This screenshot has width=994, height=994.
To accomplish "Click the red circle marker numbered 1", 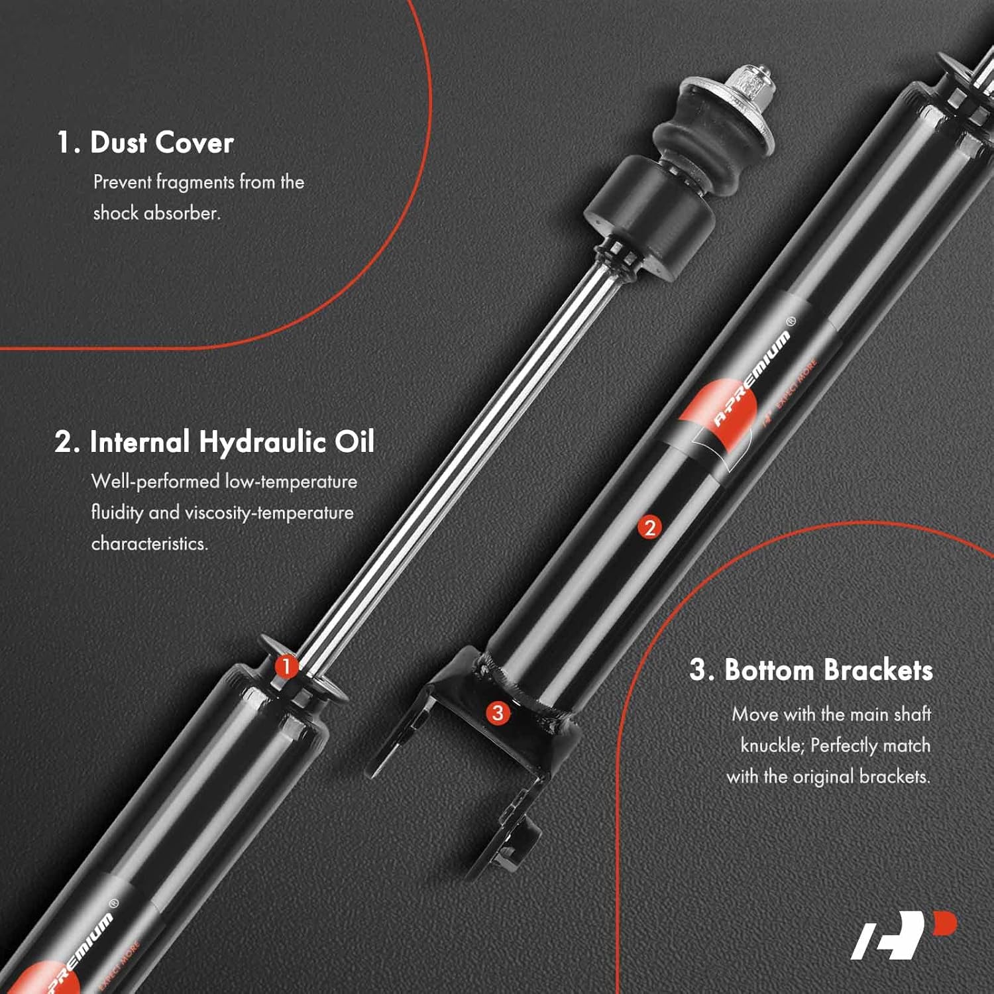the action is pyautogui.click(x=286, y=666).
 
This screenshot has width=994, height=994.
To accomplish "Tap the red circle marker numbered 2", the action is pyautogui.click(x=649, y=527).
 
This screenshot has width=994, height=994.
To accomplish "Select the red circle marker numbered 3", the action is pyautogui.click(x=498, y=713).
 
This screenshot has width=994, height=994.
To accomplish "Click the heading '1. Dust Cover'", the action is pyautogui.click(x=145, y=142).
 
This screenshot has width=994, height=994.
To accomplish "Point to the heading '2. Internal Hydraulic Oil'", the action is pyautogui.click(x=215, y=441).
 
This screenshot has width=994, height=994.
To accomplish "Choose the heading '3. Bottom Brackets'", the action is pyautogui.click(x=811, y=670).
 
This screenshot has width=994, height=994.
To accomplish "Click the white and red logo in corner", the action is pyautogui.click(x=905, y=935).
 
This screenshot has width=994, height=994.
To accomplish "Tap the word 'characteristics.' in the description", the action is pyautogui.click(x=150, y=543).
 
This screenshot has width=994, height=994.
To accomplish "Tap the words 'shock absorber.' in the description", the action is pyautogui.click(x=156, y=213).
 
